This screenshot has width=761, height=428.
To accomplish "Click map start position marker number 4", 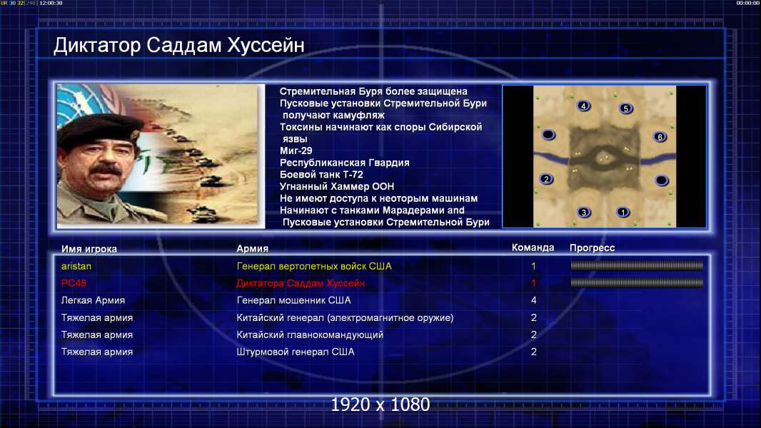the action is coord(583,106).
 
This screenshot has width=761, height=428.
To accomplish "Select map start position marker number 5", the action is coord(625,108).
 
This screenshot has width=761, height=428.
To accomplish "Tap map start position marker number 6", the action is coord(660,137).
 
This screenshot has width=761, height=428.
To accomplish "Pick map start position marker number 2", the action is coord(547,179).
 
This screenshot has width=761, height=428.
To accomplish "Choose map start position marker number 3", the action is coord(584,212).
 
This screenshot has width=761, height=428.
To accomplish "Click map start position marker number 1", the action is coord(623,212).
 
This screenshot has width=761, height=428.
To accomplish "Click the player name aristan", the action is coord(76,266).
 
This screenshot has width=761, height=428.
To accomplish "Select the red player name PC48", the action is coord(74,283).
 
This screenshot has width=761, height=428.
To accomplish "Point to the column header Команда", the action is coord(533,248).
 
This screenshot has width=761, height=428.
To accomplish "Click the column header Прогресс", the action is coord(592,248).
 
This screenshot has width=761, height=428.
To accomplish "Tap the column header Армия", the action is coord(253,249).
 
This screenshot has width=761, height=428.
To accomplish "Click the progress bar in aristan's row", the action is coord(637,265).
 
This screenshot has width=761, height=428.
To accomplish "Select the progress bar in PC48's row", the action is coord(637,282).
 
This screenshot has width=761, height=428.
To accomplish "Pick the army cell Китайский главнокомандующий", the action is coord(310,335).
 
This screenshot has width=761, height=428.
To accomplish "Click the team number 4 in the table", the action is coord(533,300).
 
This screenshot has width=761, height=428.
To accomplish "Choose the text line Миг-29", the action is coord(296,151).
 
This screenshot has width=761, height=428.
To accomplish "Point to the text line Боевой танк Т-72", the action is coord(321,175).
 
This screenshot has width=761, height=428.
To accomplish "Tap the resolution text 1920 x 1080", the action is coord(380,404).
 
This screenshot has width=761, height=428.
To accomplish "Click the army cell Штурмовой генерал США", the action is coord(296,352).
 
